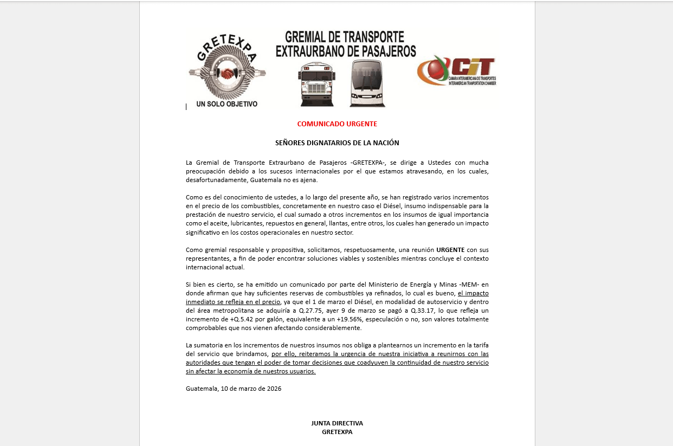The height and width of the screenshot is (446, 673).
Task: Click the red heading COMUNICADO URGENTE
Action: pos(337,124)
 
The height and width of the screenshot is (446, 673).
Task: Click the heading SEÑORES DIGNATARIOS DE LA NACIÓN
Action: pos(337,143)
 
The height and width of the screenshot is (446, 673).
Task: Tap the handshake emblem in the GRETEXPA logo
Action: pos(227,72)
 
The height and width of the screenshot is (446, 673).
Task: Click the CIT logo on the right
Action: pos(457,70)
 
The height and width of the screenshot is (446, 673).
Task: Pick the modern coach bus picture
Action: pos(366,83)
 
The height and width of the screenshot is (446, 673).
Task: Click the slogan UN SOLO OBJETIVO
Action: pos(227,104)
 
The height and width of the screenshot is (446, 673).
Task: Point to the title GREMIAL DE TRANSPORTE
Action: pos(345,37)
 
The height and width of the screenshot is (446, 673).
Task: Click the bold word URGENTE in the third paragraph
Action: pos(450,250)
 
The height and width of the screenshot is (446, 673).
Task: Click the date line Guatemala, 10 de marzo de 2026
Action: pos(234,389)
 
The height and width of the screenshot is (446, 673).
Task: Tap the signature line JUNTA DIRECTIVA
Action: pos(337,423)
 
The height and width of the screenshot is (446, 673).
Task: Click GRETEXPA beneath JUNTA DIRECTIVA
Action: pos(337,432)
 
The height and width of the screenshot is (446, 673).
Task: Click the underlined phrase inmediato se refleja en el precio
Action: pos(233,302)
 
